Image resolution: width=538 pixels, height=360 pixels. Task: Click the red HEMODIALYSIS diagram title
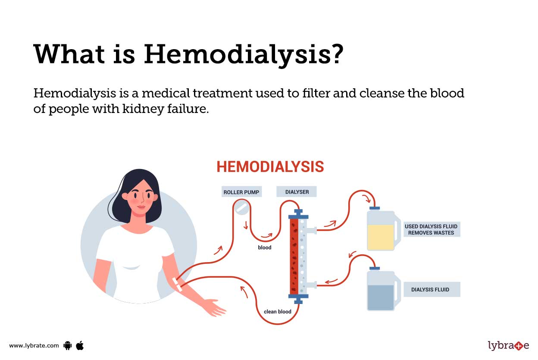tap(270, 167)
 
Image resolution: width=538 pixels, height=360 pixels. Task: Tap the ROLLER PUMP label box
tap(241, 191)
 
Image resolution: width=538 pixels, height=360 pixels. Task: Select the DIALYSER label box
tap(297, 191)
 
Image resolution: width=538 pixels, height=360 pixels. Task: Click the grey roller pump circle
tap(241, 208)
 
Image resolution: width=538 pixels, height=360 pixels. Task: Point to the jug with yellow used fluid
tap(381, 231)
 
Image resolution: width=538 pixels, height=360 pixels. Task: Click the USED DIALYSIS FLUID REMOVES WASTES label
tap(431, 229)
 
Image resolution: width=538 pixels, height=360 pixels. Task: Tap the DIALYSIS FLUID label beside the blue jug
tap(431, 290)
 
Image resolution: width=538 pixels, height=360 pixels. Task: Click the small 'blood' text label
tap(265, 247)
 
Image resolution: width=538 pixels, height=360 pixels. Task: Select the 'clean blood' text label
tap(277, 311)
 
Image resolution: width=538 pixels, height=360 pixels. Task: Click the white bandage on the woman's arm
tap(177, 283)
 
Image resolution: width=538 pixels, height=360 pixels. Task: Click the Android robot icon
tap(67, 345)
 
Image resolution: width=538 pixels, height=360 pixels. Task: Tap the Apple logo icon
tap(80, 345)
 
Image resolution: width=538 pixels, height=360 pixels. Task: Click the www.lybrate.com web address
tap(34, 345)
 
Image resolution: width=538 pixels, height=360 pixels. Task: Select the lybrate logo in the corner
tap(508, 345)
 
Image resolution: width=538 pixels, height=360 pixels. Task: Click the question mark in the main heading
tap(335, 55)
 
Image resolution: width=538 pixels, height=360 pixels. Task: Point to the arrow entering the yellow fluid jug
tap(367, 199)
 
